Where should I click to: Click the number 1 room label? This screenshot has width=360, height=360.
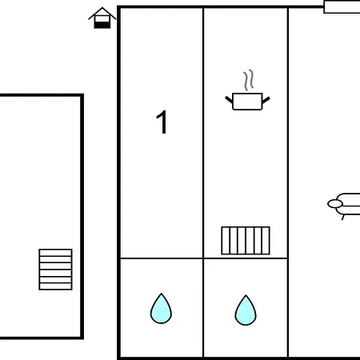(162, 122)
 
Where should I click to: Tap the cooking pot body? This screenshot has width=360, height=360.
(247, 102)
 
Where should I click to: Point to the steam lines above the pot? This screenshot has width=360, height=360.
(248, 80)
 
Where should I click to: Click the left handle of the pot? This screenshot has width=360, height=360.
(229, 99)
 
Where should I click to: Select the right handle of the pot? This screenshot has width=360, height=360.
(266, 100)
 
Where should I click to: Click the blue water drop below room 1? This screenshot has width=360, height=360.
(161, 309)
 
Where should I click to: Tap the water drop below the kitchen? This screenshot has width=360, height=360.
(246, 310)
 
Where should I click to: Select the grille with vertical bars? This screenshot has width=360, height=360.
(246, 241)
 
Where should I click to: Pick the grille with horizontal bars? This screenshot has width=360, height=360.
(55, 270)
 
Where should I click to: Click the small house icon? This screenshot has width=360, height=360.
(102, 18)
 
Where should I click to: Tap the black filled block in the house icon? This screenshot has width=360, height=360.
(102, 25)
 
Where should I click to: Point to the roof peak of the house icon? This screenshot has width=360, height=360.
(102, 8)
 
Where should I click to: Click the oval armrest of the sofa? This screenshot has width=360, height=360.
(335, 204)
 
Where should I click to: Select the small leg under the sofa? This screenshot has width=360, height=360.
(343, 218)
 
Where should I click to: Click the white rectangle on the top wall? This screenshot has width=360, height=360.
(342, 6)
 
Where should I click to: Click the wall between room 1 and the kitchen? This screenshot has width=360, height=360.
(203, 133)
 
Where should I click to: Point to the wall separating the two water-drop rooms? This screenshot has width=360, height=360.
(203, 308)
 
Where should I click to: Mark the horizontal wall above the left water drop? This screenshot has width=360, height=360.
(162, 258)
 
